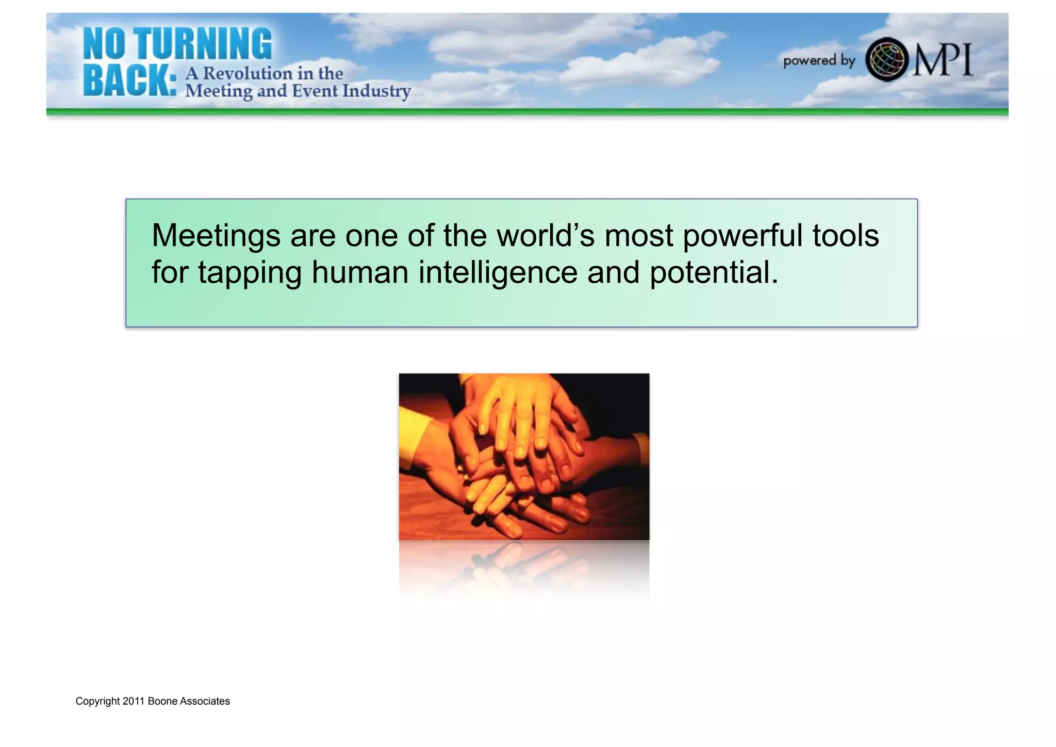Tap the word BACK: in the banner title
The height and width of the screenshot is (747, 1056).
point(130,82)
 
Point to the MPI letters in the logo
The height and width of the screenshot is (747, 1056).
point(943,60)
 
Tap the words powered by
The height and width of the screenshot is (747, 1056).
point(819,61)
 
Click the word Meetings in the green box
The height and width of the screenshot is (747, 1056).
point(216,236)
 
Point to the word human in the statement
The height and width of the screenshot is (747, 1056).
point(360,272)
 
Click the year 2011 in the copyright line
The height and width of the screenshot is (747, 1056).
point(134,701)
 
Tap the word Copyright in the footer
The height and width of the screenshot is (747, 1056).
point(97,702)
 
